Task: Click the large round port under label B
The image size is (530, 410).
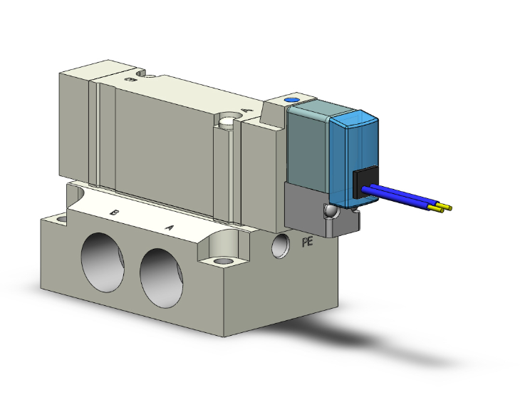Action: [105, 261]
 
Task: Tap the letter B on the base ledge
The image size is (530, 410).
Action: [113, 212]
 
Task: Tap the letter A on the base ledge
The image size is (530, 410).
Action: [170, 227]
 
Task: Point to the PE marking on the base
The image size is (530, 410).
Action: [308, 242]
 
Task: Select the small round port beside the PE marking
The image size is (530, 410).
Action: [281, 245]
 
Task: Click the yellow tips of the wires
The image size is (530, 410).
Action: [445, 208]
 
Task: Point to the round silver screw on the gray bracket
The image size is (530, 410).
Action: [329, 212]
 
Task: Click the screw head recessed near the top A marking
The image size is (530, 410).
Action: [228, 121]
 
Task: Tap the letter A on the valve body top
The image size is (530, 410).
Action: [246, 111]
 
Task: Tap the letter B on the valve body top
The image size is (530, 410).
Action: [130, 80]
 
